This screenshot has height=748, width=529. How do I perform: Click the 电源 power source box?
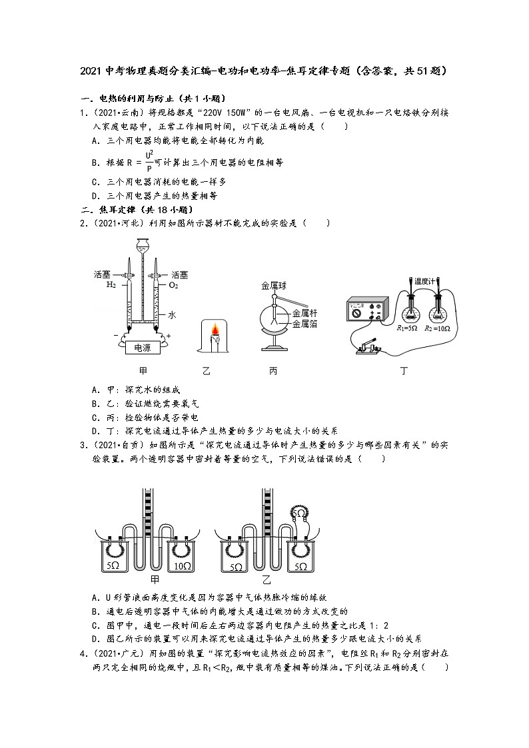pos(141,347)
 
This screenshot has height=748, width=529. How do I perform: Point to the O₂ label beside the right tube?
pos(173,285)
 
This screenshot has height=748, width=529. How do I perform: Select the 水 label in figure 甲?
pos(171,316)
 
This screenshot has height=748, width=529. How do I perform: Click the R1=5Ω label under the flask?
pos(407,328)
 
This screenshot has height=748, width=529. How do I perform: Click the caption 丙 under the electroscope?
pos(273,371)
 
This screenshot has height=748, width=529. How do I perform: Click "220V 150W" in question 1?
pos(217,113)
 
